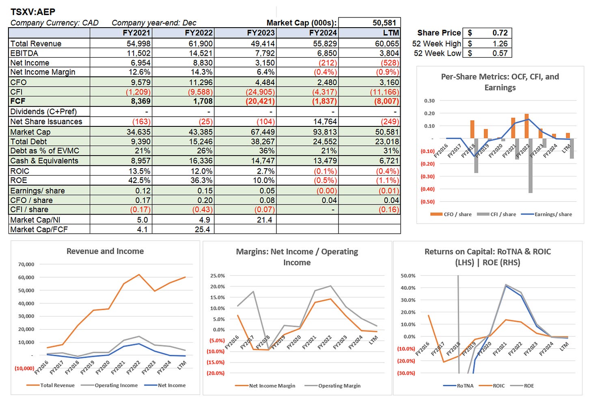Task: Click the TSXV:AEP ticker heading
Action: [x=33, y=12]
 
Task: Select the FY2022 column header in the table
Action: [x=198, y=33]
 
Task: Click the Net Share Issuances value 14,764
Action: [x=325, y=122]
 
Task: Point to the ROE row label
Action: [x=19, y=180]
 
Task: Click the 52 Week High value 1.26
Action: [x=500, y=43]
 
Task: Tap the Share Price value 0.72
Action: [x=500, y=33]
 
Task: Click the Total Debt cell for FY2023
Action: [x=262, y=141]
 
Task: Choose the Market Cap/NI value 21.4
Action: [x=264, y=220]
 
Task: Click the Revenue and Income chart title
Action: [x=105, y=251]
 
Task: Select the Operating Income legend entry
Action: [x=116, y=385]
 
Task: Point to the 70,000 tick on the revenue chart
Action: [x=26, y=264]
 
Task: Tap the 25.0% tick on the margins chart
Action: [x=218, y=276]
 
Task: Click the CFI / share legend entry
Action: [x=503, y=214]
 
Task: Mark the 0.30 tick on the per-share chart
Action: [x=429, y=101]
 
